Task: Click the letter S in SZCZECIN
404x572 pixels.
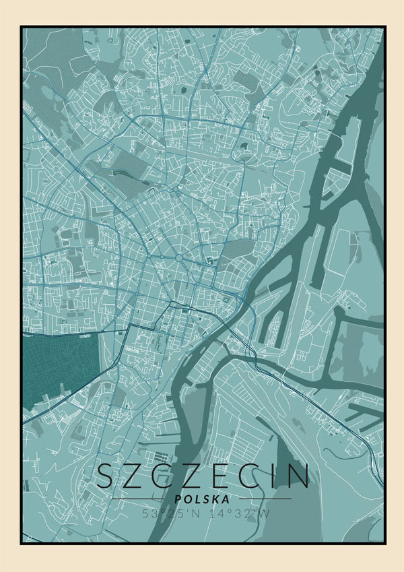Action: click(107, 476)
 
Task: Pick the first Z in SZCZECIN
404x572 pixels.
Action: click(137, 476)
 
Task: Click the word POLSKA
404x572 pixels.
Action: click(201, 499)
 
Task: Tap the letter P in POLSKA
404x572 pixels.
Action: click(177, 499)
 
